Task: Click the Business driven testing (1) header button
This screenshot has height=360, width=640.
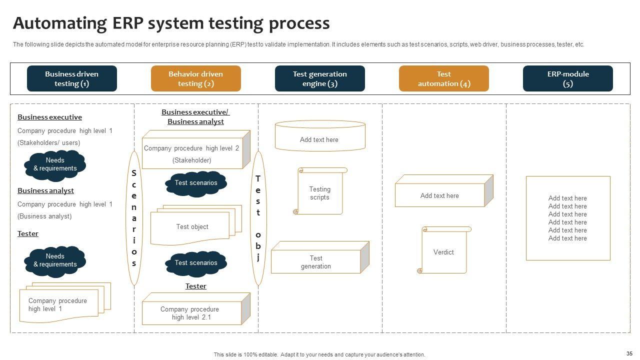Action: point(71,78)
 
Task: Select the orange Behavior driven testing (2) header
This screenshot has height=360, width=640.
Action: point(195,78)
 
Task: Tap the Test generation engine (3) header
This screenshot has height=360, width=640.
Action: point(319,78)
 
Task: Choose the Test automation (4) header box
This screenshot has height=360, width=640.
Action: point(443,78)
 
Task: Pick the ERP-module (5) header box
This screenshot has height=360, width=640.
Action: point(567,78)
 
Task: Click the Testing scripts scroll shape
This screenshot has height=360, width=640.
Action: point(320,192)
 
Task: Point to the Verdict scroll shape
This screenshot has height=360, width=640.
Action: point(444,251)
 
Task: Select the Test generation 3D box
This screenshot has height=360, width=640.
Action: point(316,261)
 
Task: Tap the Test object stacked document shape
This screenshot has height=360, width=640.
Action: point(192,227)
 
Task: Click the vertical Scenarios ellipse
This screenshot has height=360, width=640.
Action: point(134,218)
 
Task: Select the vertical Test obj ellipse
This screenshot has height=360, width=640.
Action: point(258,218)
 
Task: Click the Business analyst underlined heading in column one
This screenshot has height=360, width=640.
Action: point(45,190)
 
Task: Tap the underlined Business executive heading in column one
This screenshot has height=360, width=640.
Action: point(49,117)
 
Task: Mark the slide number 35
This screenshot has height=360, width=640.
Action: point(629,353)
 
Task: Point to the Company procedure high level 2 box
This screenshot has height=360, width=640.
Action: point(192,153)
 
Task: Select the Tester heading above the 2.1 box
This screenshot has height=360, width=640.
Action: point(195,286)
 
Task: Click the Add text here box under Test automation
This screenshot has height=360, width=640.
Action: point(439,195)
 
